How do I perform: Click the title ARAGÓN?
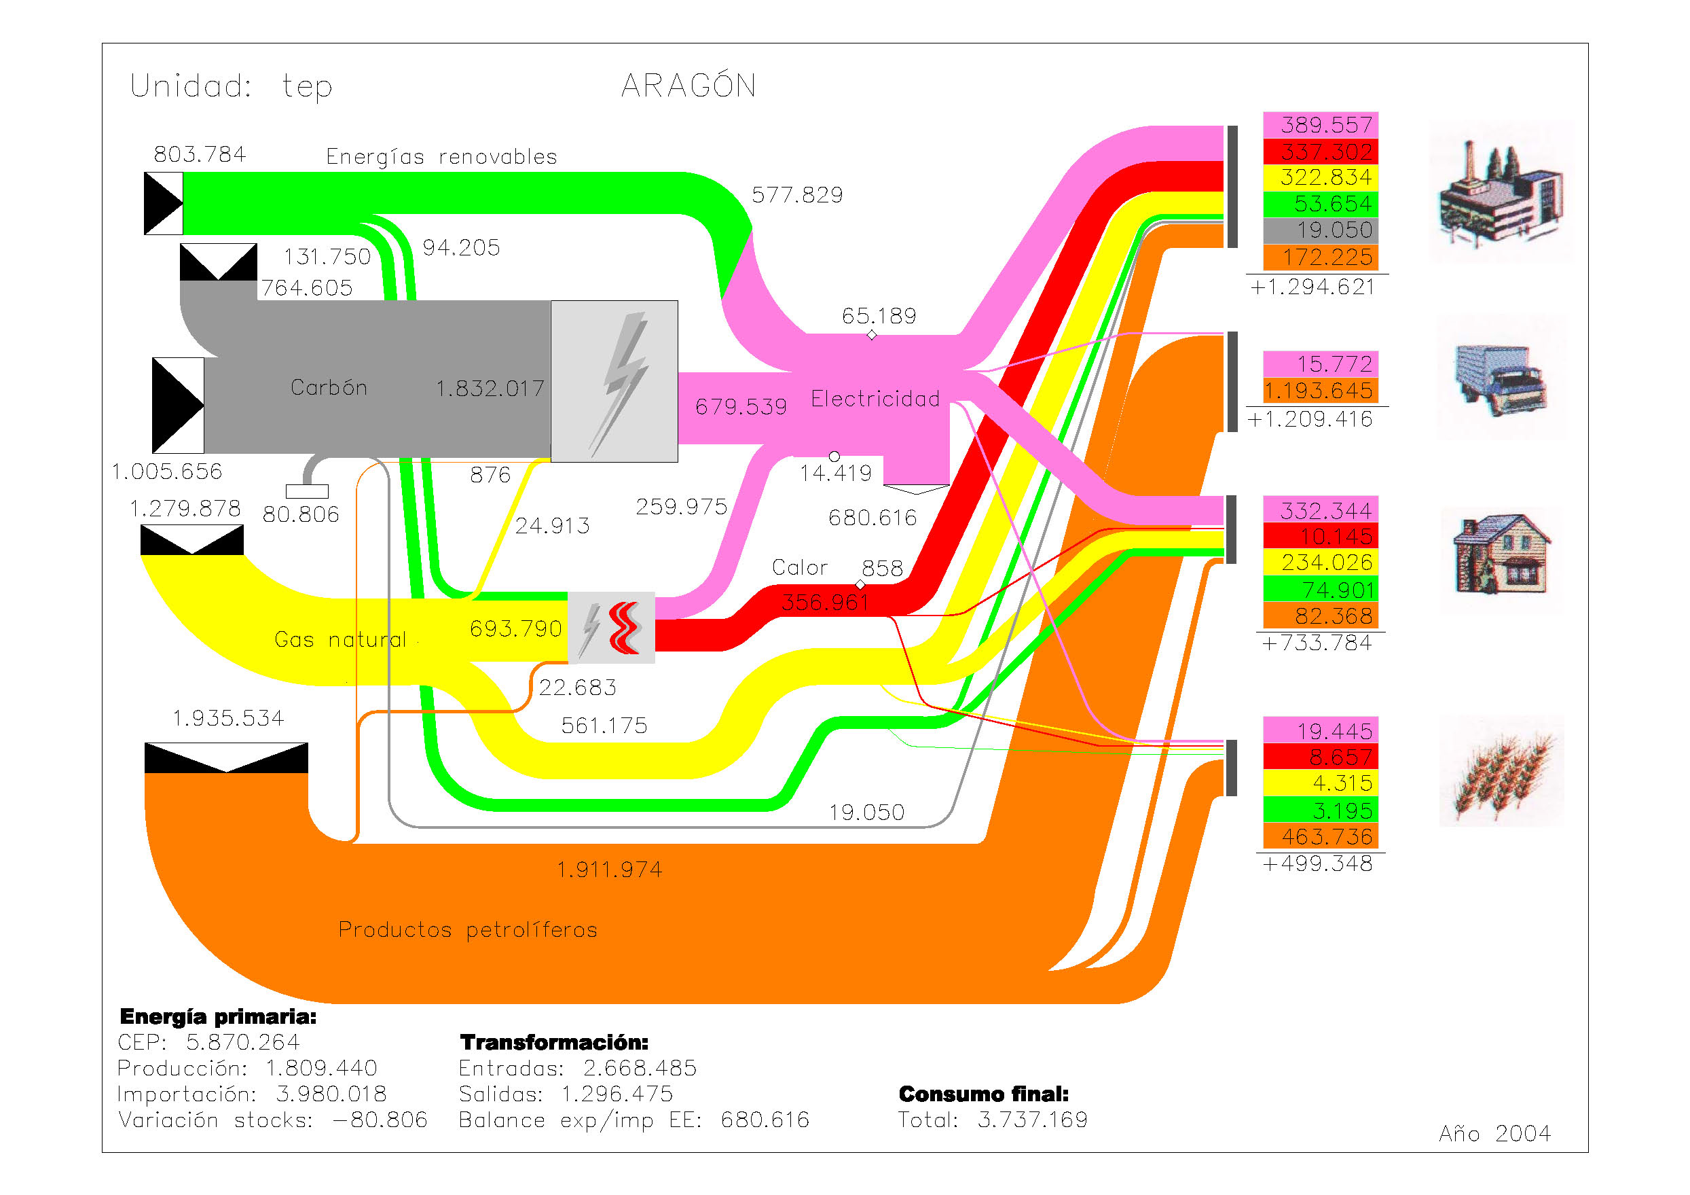pyautogui.click(x=688, y=86)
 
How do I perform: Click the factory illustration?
pyautogui.click(x=1501, y=193)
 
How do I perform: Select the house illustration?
pyautogui.click(x=1501, y=556)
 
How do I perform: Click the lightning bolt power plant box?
pyautogui.click(x=614, y=380)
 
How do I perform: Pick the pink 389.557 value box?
pyautogui.click(x=1320, y=124)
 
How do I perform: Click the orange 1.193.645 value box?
pyautogui.click(x=1320, y=390)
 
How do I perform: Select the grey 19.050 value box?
pyautogui.click(x=1320, y=230)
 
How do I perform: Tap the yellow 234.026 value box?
pyautogui.click(x=1320, y=563)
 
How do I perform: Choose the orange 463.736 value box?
pyautogui.click(x=1320, y=836)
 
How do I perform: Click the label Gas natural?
pyautogui.click(x=339, y=639)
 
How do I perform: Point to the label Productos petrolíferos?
pyautogui.click(x=467, y=930)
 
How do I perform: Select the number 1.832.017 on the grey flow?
pyautogui.click(x=490, y=389)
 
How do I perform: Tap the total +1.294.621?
pyautogui.click(x=1312, y=287)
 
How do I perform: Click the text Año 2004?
pyautogui.click(x=1494, y=1133)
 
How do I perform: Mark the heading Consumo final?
pyautogui.click(x=983, y=1093)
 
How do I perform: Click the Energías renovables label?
pyautogui.click(x=441, y=157)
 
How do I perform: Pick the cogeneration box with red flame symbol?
pyautogui.click(x=611, y=627)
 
